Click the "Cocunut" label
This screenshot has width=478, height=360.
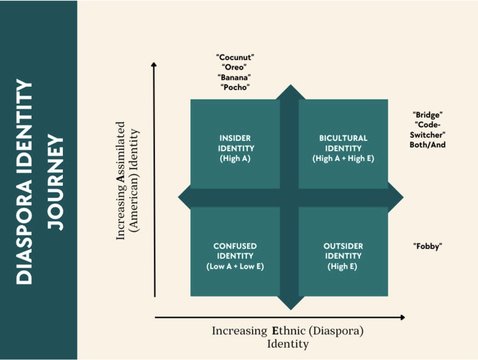click(x=235, y=57)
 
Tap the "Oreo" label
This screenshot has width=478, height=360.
click(x=234, y=67)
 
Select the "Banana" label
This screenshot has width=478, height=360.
click(x=234, y=77)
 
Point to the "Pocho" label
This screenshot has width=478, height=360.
click(x=235, y=87)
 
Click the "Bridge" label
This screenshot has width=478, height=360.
click(x=427, y=115)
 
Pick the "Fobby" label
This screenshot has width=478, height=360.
click(x=427, y=246)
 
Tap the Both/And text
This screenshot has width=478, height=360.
click(x=427, y=145)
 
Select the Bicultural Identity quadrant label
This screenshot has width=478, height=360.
click(x=343, y=143)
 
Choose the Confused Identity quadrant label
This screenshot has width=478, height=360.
click(x=235, y=251)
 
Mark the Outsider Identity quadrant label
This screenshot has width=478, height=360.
click(x=343, y=251)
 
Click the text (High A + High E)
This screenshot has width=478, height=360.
click(x=343, y=158)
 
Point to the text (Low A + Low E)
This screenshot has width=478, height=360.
click(x=235, y=267)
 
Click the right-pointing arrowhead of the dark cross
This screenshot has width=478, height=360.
click(x=396, y=197)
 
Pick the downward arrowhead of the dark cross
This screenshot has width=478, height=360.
click(x=291, y=303)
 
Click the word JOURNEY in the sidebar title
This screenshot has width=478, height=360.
click(x=56, y=182)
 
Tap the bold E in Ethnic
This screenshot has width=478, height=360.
click(x=275, y=330)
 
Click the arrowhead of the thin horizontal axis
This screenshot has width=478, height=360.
click(x=402, y=317)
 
